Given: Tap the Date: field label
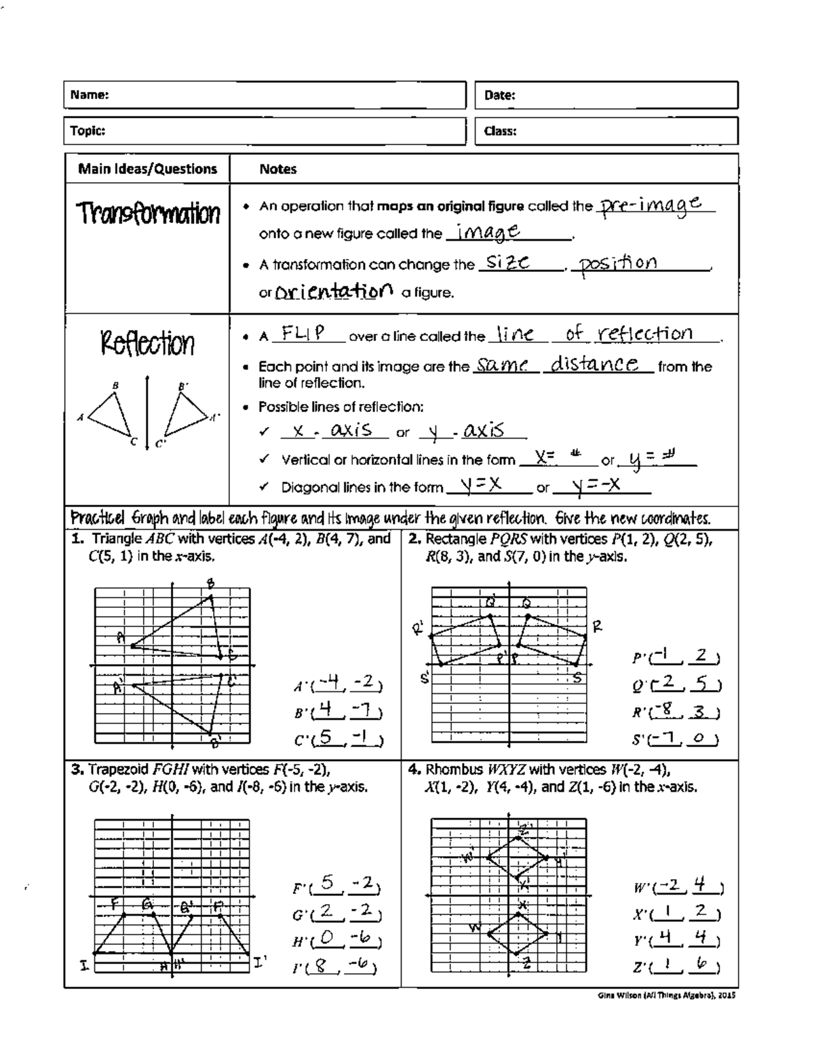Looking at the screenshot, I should pos(500,96).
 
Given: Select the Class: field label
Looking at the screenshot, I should pos(501,131).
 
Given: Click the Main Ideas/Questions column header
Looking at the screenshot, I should pos(147,169).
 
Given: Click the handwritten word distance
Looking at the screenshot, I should pos(594,365).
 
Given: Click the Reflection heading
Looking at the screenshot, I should pos(147,343).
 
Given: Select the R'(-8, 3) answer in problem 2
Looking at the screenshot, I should pos(676,712).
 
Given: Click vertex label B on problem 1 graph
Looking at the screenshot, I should pos(210,584).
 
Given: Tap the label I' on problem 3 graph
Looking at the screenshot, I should pos(260,960).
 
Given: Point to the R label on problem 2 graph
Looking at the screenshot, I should pos(597,626).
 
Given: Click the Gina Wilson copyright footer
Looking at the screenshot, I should pos(667,995).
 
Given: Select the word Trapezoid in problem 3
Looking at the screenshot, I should pos(119,769).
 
